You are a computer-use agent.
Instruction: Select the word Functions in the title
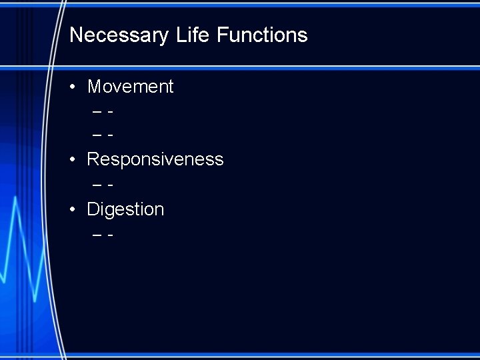click(x=263, y=35)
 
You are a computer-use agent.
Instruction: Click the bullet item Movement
click(x=130, y=87)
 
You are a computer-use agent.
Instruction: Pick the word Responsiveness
click(x=155, y=159)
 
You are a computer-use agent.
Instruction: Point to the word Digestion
click(x=125, y=209)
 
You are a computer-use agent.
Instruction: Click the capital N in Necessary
click(x=76, y=35)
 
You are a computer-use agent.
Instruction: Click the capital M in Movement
click(x=94, y=87)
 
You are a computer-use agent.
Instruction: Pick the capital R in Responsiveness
click(x=93, y=159)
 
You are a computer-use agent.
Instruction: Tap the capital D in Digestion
click(x=93, y=209)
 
